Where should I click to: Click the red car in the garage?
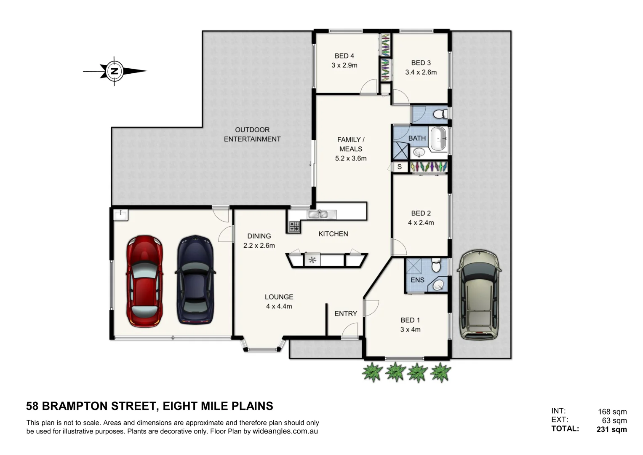pyautogui.click(x=144, y=281)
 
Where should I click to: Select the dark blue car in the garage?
pyautogui.click(x=195, y=280)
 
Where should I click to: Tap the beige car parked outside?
pyautogui.click(x=479, y=295)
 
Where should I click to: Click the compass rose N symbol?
pyautogui.click(x=114, y=71)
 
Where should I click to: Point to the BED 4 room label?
pyautogui.click(x=344, y=56)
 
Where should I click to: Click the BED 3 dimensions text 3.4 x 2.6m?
pyautogui.click(x=421, y=72)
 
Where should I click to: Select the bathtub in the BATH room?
pyautogui.click(x=438, y=138)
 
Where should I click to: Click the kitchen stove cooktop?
pyautogui.click(x=294, y=226)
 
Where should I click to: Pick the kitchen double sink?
pyautogui.click(x=318, y=214)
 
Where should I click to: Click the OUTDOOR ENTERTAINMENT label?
pyautogui.click(x=252, y=134)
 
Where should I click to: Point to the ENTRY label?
pyautogui.click(x=345, y=313)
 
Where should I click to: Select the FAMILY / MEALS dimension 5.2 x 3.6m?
pyautogui.click(x=351, y=158)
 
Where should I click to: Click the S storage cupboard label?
pyautogui.click(x=399, y=167)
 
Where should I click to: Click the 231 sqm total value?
pyautogui.click(x=611, y=430)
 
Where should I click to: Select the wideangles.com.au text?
pyautogui.click(x=285, y=431)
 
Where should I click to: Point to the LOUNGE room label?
pyautogui.click(x=279, y=297)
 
